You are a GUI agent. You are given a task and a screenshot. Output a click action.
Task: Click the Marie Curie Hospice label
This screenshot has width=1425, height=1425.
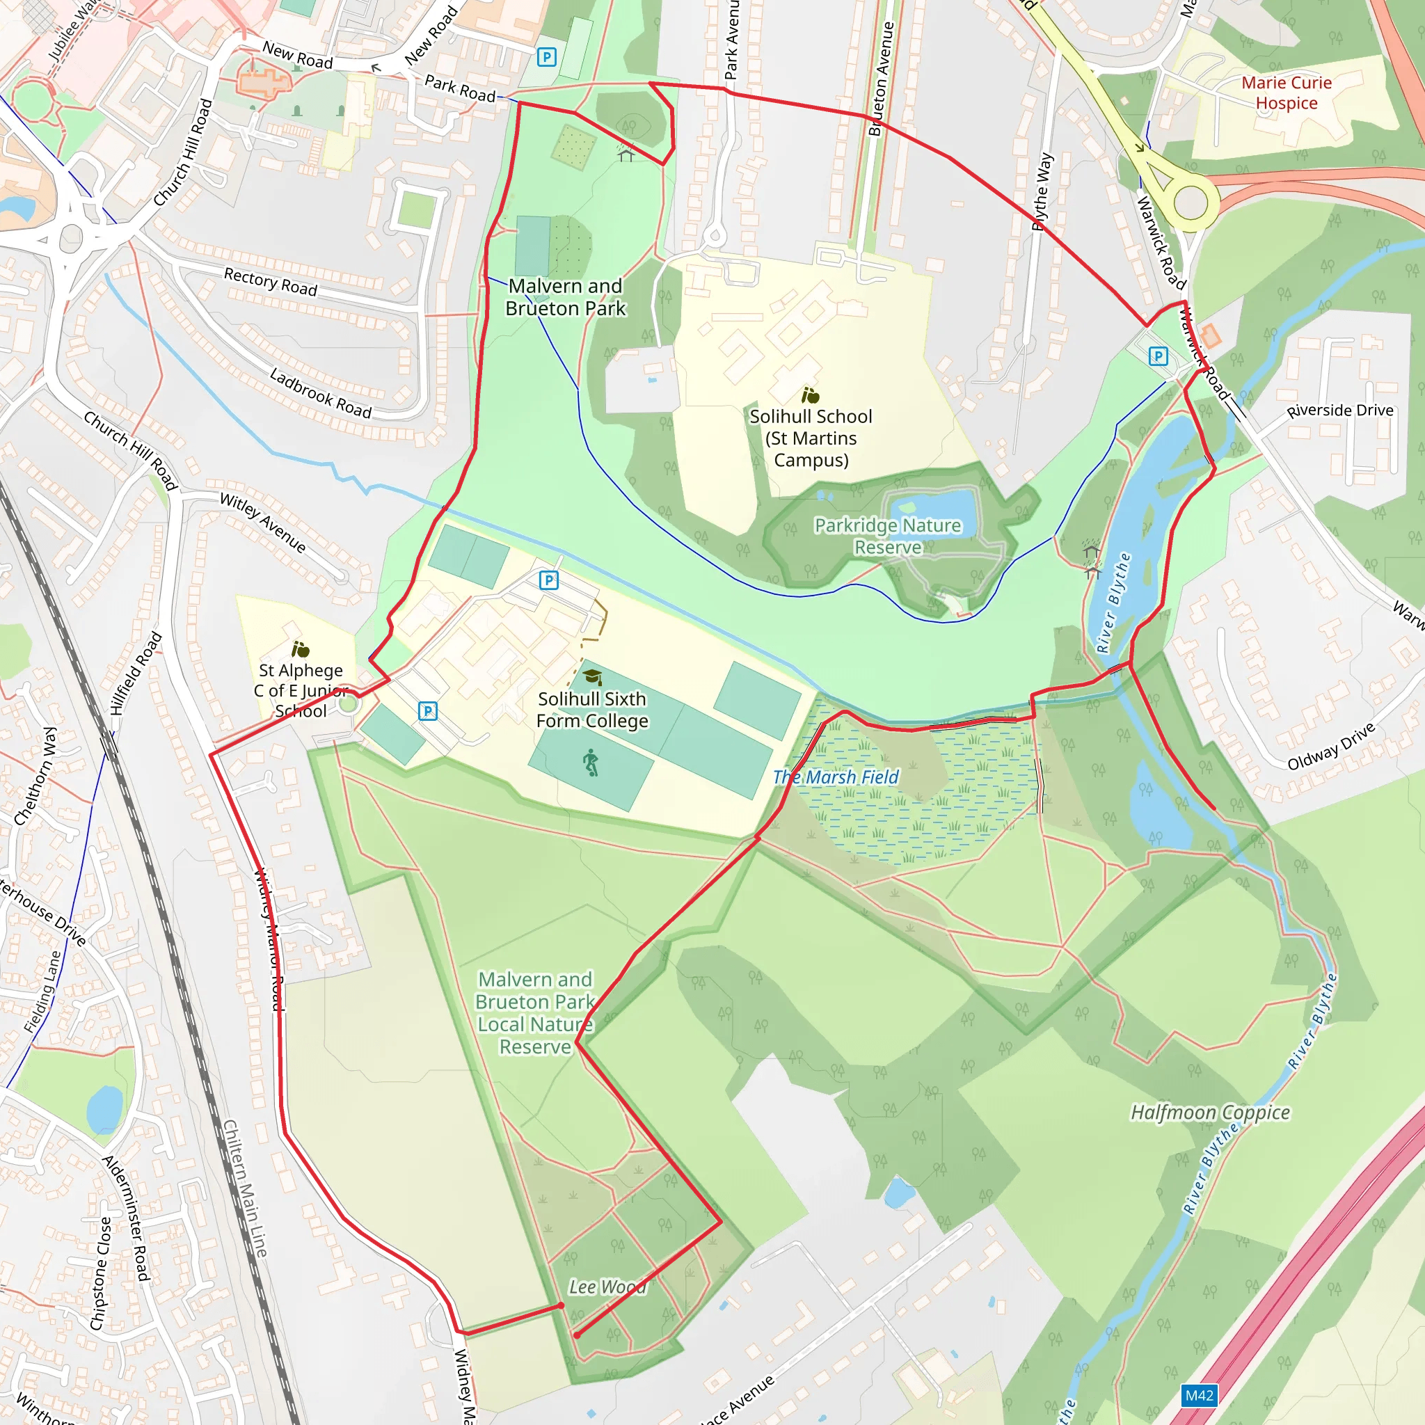point(1287,93)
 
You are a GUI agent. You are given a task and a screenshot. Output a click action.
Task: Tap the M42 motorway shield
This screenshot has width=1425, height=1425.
point(1199,1396)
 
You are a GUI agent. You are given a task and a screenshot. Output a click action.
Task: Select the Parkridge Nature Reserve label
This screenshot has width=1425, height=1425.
point(887,536)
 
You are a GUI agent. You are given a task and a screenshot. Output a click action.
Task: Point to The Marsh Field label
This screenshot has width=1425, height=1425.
point(836,777)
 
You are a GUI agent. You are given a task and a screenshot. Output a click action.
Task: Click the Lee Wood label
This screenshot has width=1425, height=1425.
point(607,1287)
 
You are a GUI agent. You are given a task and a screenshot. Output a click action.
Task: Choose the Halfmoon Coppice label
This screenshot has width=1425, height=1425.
point(1211,1113)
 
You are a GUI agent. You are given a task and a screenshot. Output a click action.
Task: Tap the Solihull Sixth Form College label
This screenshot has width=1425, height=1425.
point(592,710)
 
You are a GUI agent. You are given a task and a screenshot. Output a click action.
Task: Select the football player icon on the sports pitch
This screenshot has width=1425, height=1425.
point(591,763)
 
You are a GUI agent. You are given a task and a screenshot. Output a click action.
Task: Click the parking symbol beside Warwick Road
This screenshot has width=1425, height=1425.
point(1158,357)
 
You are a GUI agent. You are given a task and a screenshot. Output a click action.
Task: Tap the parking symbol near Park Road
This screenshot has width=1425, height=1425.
point(546,57)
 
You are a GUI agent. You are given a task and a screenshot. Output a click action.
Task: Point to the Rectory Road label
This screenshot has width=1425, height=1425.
point(271,282)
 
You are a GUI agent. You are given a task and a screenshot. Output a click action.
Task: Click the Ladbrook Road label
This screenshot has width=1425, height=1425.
point(320,394)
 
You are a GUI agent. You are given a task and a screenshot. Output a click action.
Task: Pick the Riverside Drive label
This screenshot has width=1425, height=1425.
point(1339,410)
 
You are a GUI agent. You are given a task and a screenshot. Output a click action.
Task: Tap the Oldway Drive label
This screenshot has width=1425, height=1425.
point(1330,747)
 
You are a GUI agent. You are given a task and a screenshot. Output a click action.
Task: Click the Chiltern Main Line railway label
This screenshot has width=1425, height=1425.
point(245,1188)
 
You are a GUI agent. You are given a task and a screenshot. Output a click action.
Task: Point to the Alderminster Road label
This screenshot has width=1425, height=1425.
point(126,1218)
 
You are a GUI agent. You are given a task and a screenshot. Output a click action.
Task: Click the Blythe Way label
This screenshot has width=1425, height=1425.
point(1042,192)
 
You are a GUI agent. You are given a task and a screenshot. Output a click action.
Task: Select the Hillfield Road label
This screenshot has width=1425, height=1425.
point(136,673)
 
